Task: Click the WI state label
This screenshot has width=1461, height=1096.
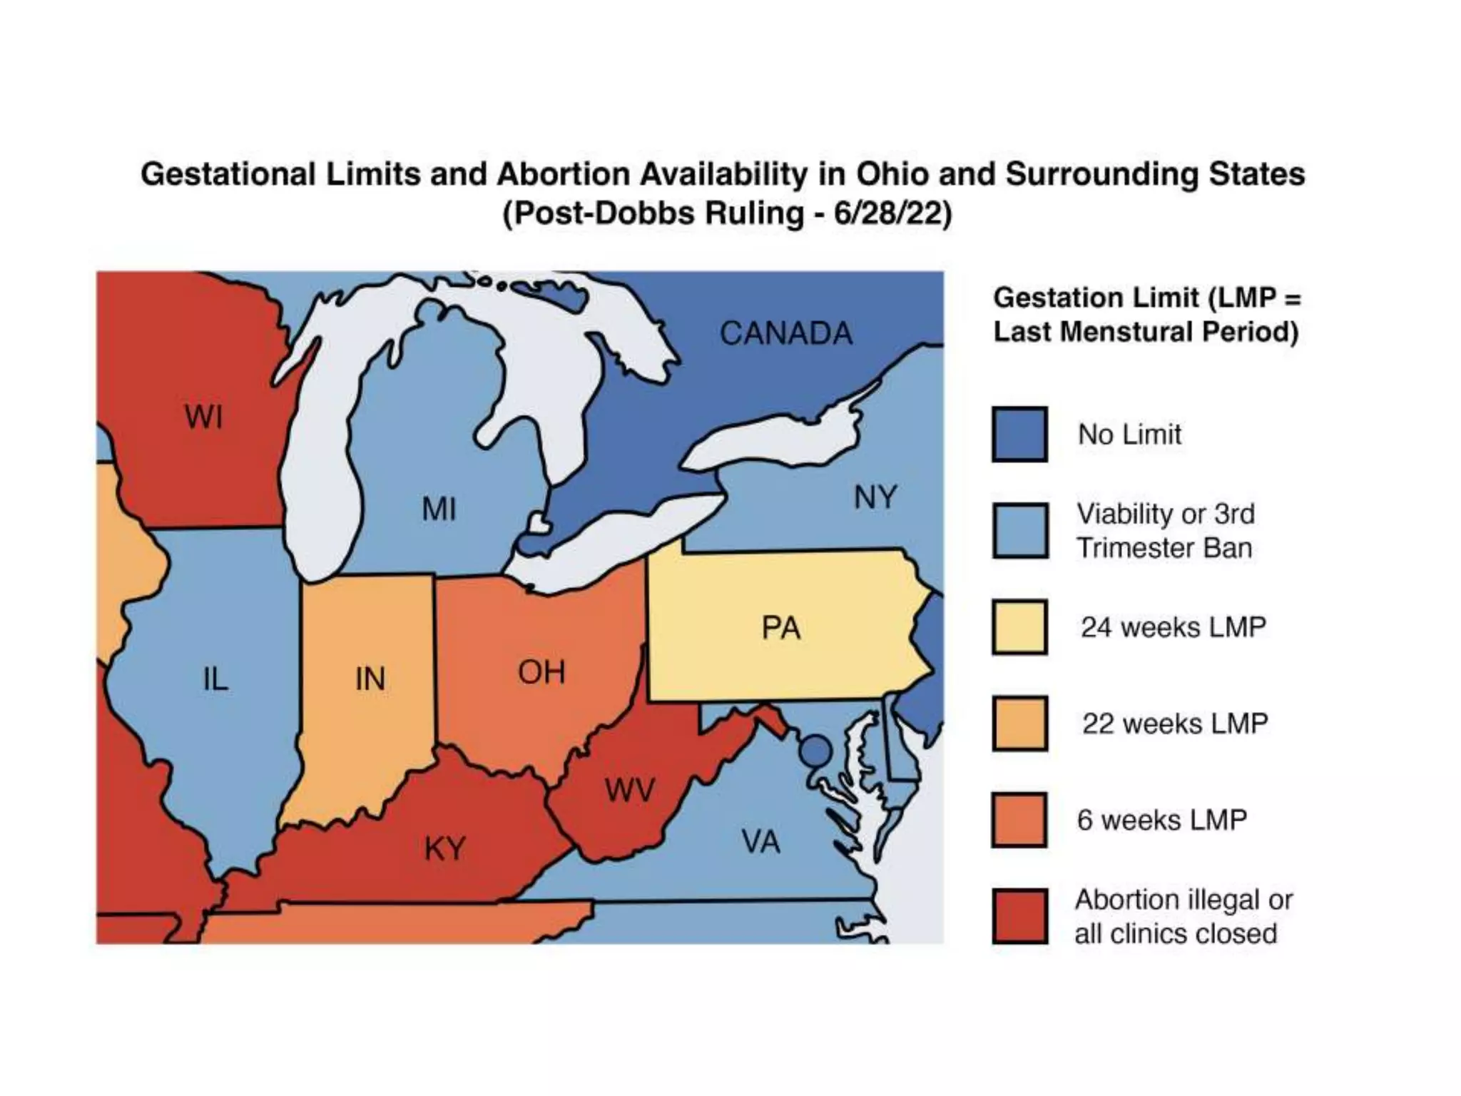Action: pyautogui.click(x=203, y=417)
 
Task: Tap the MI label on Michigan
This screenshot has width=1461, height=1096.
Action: pyautogui.click(x=438, y=509)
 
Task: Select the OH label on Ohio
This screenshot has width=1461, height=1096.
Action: pyautogui.click(x=541, y=672)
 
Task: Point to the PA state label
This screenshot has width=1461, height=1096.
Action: pyautogui.click(x=780, y=628)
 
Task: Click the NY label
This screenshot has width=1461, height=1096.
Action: pyautogui.click(x=875, y=497)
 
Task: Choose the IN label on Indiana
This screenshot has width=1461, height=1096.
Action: pyautogui.click(x=370, y=679)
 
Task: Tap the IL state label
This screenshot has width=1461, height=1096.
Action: pyautogui.click(x=215, y=679)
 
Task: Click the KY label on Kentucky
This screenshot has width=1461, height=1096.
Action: pyautogui.click(x=444, y=849)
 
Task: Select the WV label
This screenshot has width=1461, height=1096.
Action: pyautogui.click(x=629, y=791)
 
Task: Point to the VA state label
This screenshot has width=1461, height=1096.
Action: pyautogui.click(x=760, y=842)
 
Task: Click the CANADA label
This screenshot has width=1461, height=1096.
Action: pyautogui.click(x=785, y=333)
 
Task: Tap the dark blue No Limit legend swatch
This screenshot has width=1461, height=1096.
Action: pyautogui.click(x=1019, y=435)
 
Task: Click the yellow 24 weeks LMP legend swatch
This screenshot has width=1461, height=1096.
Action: pyautogui.click(x=1019, y=627)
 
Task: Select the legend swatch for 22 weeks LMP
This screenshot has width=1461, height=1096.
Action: pyautogui.click(x=1019, y=724)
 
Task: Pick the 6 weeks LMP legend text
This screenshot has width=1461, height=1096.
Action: pyautogui.click(x=1161, y=820)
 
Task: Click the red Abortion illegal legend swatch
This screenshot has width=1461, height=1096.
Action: pyautogui.click(x=1019, y=916)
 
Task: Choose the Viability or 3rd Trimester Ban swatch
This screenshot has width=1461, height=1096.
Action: pyautogui.click(x=1019, y=531)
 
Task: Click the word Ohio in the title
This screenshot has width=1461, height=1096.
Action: pyautogui.click(x=892, y=174)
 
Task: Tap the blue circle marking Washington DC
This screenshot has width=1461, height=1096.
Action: pyautogui.click(x=816, y=751)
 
